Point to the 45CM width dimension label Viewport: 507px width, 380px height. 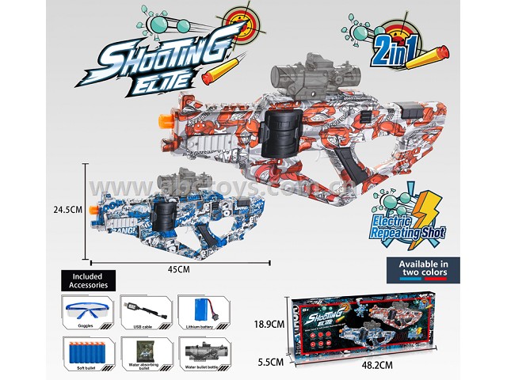(178, 269)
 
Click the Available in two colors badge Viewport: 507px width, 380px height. (423, 268)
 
